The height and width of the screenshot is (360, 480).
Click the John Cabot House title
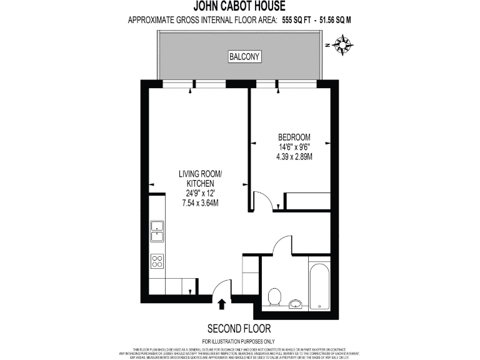(x=240, y=7)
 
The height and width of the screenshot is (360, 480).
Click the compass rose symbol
(x=343, y=45)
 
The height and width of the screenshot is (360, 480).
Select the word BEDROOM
(x=294, y=137)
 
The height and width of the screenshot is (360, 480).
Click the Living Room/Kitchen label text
(x=200, y=178)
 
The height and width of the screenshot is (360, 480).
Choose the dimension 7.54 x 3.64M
(x=200, y=203)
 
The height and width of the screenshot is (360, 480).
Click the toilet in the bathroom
(x=274, y=296)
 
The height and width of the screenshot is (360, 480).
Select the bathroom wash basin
(x=296, y=304)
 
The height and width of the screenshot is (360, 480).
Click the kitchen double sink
(x=157, y=231)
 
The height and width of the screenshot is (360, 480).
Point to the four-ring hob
(x=157, y=261)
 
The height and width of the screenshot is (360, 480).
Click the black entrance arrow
(x=222, y=304)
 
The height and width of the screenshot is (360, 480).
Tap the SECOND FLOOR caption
(x=239, y=329)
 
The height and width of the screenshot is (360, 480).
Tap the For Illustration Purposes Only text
(x=239, y=341)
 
